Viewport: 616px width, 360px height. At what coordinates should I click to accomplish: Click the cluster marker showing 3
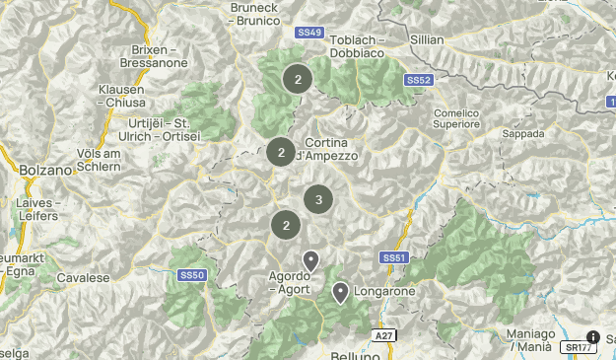pyautogui.click(x=317, y=199)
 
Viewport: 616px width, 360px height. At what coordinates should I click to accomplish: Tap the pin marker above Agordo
pyautogui.click(x=310, y=261)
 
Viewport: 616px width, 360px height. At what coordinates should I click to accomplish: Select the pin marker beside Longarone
pyautogui.click(x=341, y=292)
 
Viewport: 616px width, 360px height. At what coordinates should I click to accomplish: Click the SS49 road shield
pyautogui.click(x=308, y=33)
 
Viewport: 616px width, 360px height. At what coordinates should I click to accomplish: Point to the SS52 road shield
pyautogui.click(x=419, y=80)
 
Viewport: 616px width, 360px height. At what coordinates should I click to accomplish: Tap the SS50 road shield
pyautogui.click(x=191, y=275)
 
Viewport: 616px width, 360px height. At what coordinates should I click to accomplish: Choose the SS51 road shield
pyautogui.click(x=393, y=257)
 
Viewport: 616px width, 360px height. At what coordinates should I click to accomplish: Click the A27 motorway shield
pyautogui.click(x=383, y=336)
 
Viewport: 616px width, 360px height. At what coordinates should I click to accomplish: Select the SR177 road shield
pyautogui.click(x=578, y=347)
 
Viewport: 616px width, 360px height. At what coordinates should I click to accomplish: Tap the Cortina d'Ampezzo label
pyautogui.click(x=331, y=149)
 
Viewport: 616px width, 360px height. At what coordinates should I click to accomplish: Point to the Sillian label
pyautogui.click(x=427, y=40)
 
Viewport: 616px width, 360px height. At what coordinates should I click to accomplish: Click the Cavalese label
pyautogui.click(x=83, y=278)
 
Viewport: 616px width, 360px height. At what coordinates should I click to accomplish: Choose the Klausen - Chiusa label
pyautogui.click(x=121, y=95)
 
